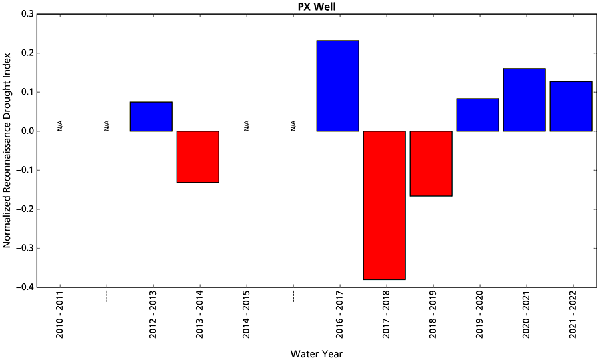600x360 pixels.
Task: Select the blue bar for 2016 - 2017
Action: [337, 86]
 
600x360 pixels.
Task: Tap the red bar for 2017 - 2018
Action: [384, 205]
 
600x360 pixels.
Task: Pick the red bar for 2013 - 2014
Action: [197, 157]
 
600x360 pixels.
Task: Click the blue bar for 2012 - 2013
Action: [151, 117]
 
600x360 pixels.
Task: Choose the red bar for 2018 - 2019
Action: [431, 163]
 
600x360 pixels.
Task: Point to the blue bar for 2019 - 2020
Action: [477, 115]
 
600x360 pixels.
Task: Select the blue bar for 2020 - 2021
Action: [524, 100]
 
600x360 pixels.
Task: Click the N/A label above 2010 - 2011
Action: [60, 125]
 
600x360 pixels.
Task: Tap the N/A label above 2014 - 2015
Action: [247, 125]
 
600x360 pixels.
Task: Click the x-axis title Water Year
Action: [317, 353]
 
